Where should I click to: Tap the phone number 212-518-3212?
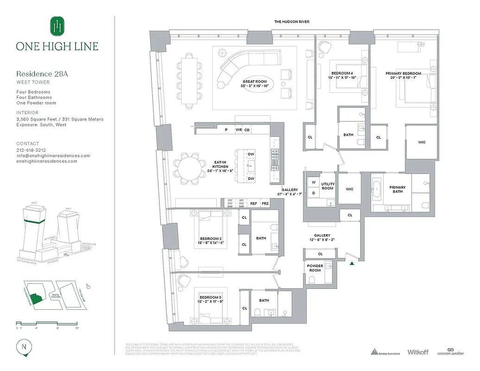pyautogui.click(x=31, y=150)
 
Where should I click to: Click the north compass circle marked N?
pyautogui.click(x=23, y=346)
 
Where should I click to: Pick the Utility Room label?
pyautogui.click(x=328, y=186)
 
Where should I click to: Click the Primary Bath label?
pyautogui.click(x=397, y=189)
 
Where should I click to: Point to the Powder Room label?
pyautogui.click(x=315, y=268)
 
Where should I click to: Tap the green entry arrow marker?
pyautogui.click(x=353, y=263)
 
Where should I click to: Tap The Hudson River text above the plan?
pyautogui.click(x=291, y=22)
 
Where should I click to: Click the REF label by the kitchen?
pyautogui.click(x=253, y=203)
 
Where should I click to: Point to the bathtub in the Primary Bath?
pyautogui.click(x=377, y=190)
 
